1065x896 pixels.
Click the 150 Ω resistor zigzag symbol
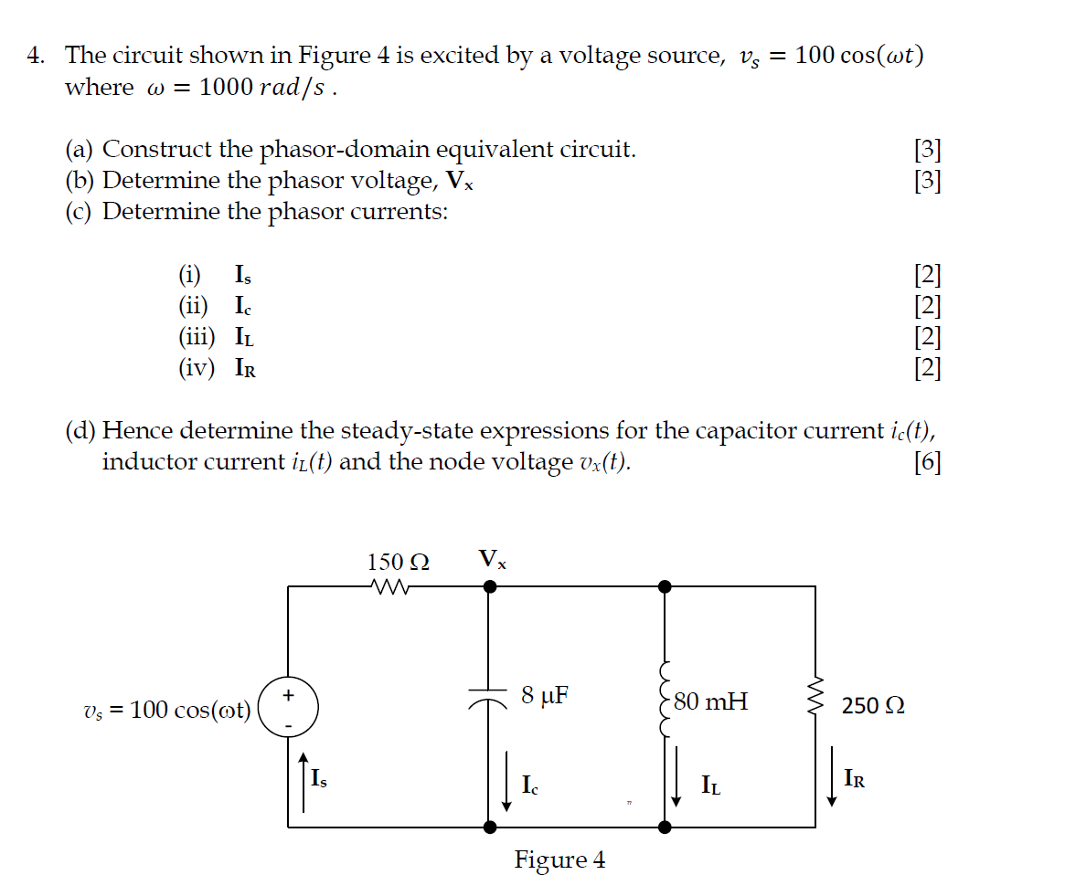389,586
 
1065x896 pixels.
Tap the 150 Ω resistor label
399,562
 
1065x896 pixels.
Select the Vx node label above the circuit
492,559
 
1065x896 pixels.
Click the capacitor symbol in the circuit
489,696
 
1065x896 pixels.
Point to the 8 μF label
545,695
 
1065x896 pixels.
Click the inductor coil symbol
665,700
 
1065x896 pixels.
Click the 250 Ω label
873,706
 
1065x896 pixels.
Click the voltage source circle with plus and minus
288,707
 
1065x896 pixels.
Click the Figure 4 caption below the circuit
559,859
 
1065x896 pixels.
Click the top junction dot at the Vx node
490,586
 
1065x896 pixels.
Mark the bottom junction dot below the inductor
665,827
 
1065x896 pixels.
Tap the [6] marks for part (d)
927,462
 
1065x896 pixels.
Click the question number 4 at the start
35,57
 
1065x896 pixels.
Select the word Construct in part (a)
159,149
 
